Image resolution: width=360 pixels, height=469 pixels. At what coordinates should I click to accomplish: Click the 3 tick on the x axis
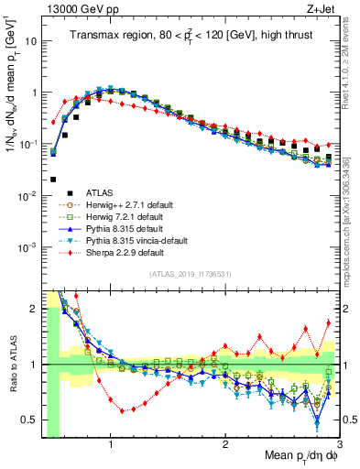339,445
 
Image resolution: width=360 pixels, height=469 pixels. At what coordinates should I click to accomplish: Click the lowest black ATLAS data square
54,180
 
